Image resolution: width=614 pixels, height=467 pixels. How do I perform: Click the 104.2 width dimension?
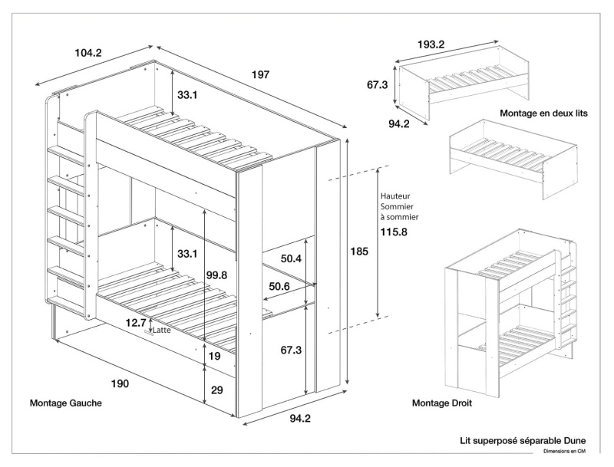pyautogui.click(x=88, y=53)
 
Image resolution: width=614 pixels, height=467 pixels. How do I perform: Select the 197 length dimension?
pyautogui.click(x=261, y=74)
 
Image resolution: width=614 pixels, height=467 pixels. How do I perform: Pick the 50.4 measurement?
pyautogui.click(x=291, y=259)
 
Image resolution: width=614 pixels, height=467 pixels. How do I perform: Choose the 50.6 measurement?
pyautogui.click(x=279, y=287)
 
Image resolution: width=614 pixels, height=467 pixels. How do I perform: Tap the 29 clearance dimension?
pyautogui.click(x=216, y=390)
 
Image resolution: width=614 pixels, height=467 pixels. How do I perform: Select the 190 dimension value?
pyautogui.click(x=119, y=383)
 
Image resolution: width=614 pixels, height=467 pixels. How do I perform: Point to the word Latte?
pyautogui.click(x=162, y=331)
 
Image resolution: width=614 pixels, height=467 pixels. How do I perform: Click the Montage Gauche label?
pyautogui.click(x=66, y=403)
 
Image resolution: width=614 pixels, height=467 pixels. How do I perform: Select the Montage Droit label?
pyautogui.click(x=442, y=403)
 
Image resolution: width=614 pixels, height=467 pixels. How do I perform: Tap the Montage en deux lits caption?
pyautogui.click(x=543, y=113)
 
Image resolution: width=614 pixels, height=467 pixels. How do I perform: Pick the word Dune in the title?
pyautogui.click(x=572, y=441)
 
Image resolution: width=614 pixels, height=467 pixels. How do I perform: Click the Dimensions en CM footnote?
pyautogui.click(x=564, y=452)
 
